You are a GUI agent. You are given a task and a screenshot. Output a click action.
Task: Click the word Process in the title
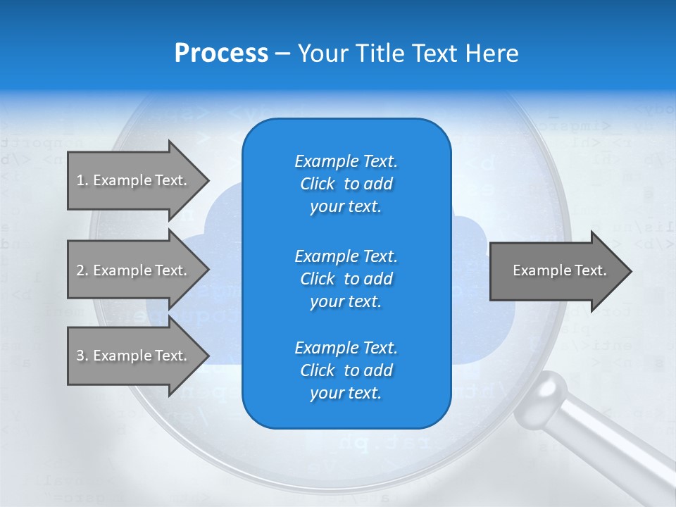221,54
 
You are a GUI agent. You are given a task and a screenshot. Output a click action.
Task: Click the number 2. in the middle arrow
82,270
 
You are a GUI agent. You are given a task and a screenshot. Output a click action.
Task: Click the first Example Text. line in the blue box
346,161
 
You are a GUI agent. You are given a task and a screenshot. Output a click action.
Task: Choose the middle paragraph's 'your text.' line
346,301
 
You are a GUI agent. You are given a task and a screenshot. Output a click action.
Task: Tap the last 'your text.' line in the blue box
346,393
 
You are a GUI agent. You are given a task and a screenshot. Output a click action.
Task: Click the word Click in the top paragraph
318,184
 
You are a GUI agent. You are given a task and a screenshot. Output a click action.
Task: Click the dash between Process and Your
282,54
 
